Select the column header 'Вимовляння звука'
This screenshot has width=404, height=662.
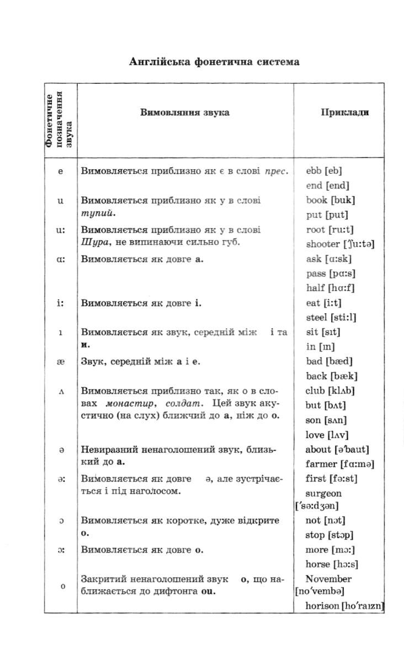185,113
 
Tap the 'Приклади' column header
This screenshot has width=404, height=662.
345,113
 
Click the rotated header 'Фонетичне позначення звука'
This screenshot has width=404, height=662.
60,120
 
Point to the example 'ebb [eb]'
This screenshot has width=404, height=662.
324,171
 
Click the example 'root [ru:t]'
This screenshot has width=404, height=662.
329,229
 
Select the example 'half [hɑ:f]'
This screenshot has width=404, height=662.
330,287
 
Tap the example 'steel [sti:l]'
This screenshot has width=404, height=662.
331,317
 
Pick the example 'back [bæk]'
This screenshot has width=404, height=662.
332,376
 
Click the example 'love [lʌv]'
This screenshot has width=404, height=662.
327,435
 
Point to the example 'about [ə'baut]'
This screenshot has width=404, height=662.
337,450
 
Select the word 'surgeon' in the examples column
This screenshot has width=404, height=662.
323,494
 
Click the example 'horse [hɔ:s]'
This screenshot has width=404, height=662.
332,564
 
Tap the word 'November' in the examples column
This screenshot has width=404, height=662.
328,579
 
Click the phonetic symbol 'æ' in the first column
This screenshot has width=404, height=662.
61,361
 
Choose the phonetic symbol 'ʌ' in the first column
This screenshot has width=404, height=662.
61,391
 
